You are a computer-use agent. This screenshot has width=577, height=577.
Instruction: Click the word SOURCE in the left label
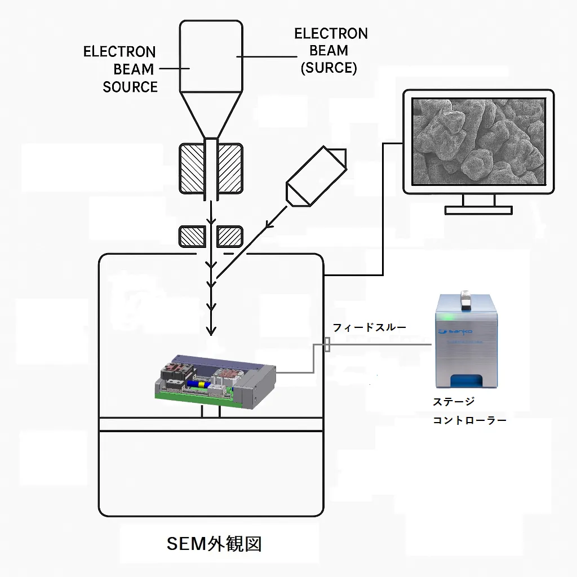(x=130, y=87)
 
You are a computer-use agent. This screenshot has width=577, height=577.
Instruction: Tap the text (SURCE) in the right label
(x=329, y=68)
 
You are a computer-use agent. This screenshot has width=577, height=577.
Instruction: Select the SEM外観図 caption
(x=214, y=544)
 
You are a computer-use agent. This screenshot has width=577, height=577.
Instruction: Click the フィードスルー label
(x=369, y=327)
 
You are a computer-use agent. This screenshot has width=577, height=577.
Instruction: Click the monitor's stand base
(x=478, y=210)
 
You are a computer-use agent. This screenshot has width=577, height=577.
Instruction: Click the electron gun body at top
(x=211, y=56)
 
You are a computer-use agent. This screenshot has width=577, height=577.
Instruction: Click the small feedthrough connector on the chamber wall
(x=327, y=344)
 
